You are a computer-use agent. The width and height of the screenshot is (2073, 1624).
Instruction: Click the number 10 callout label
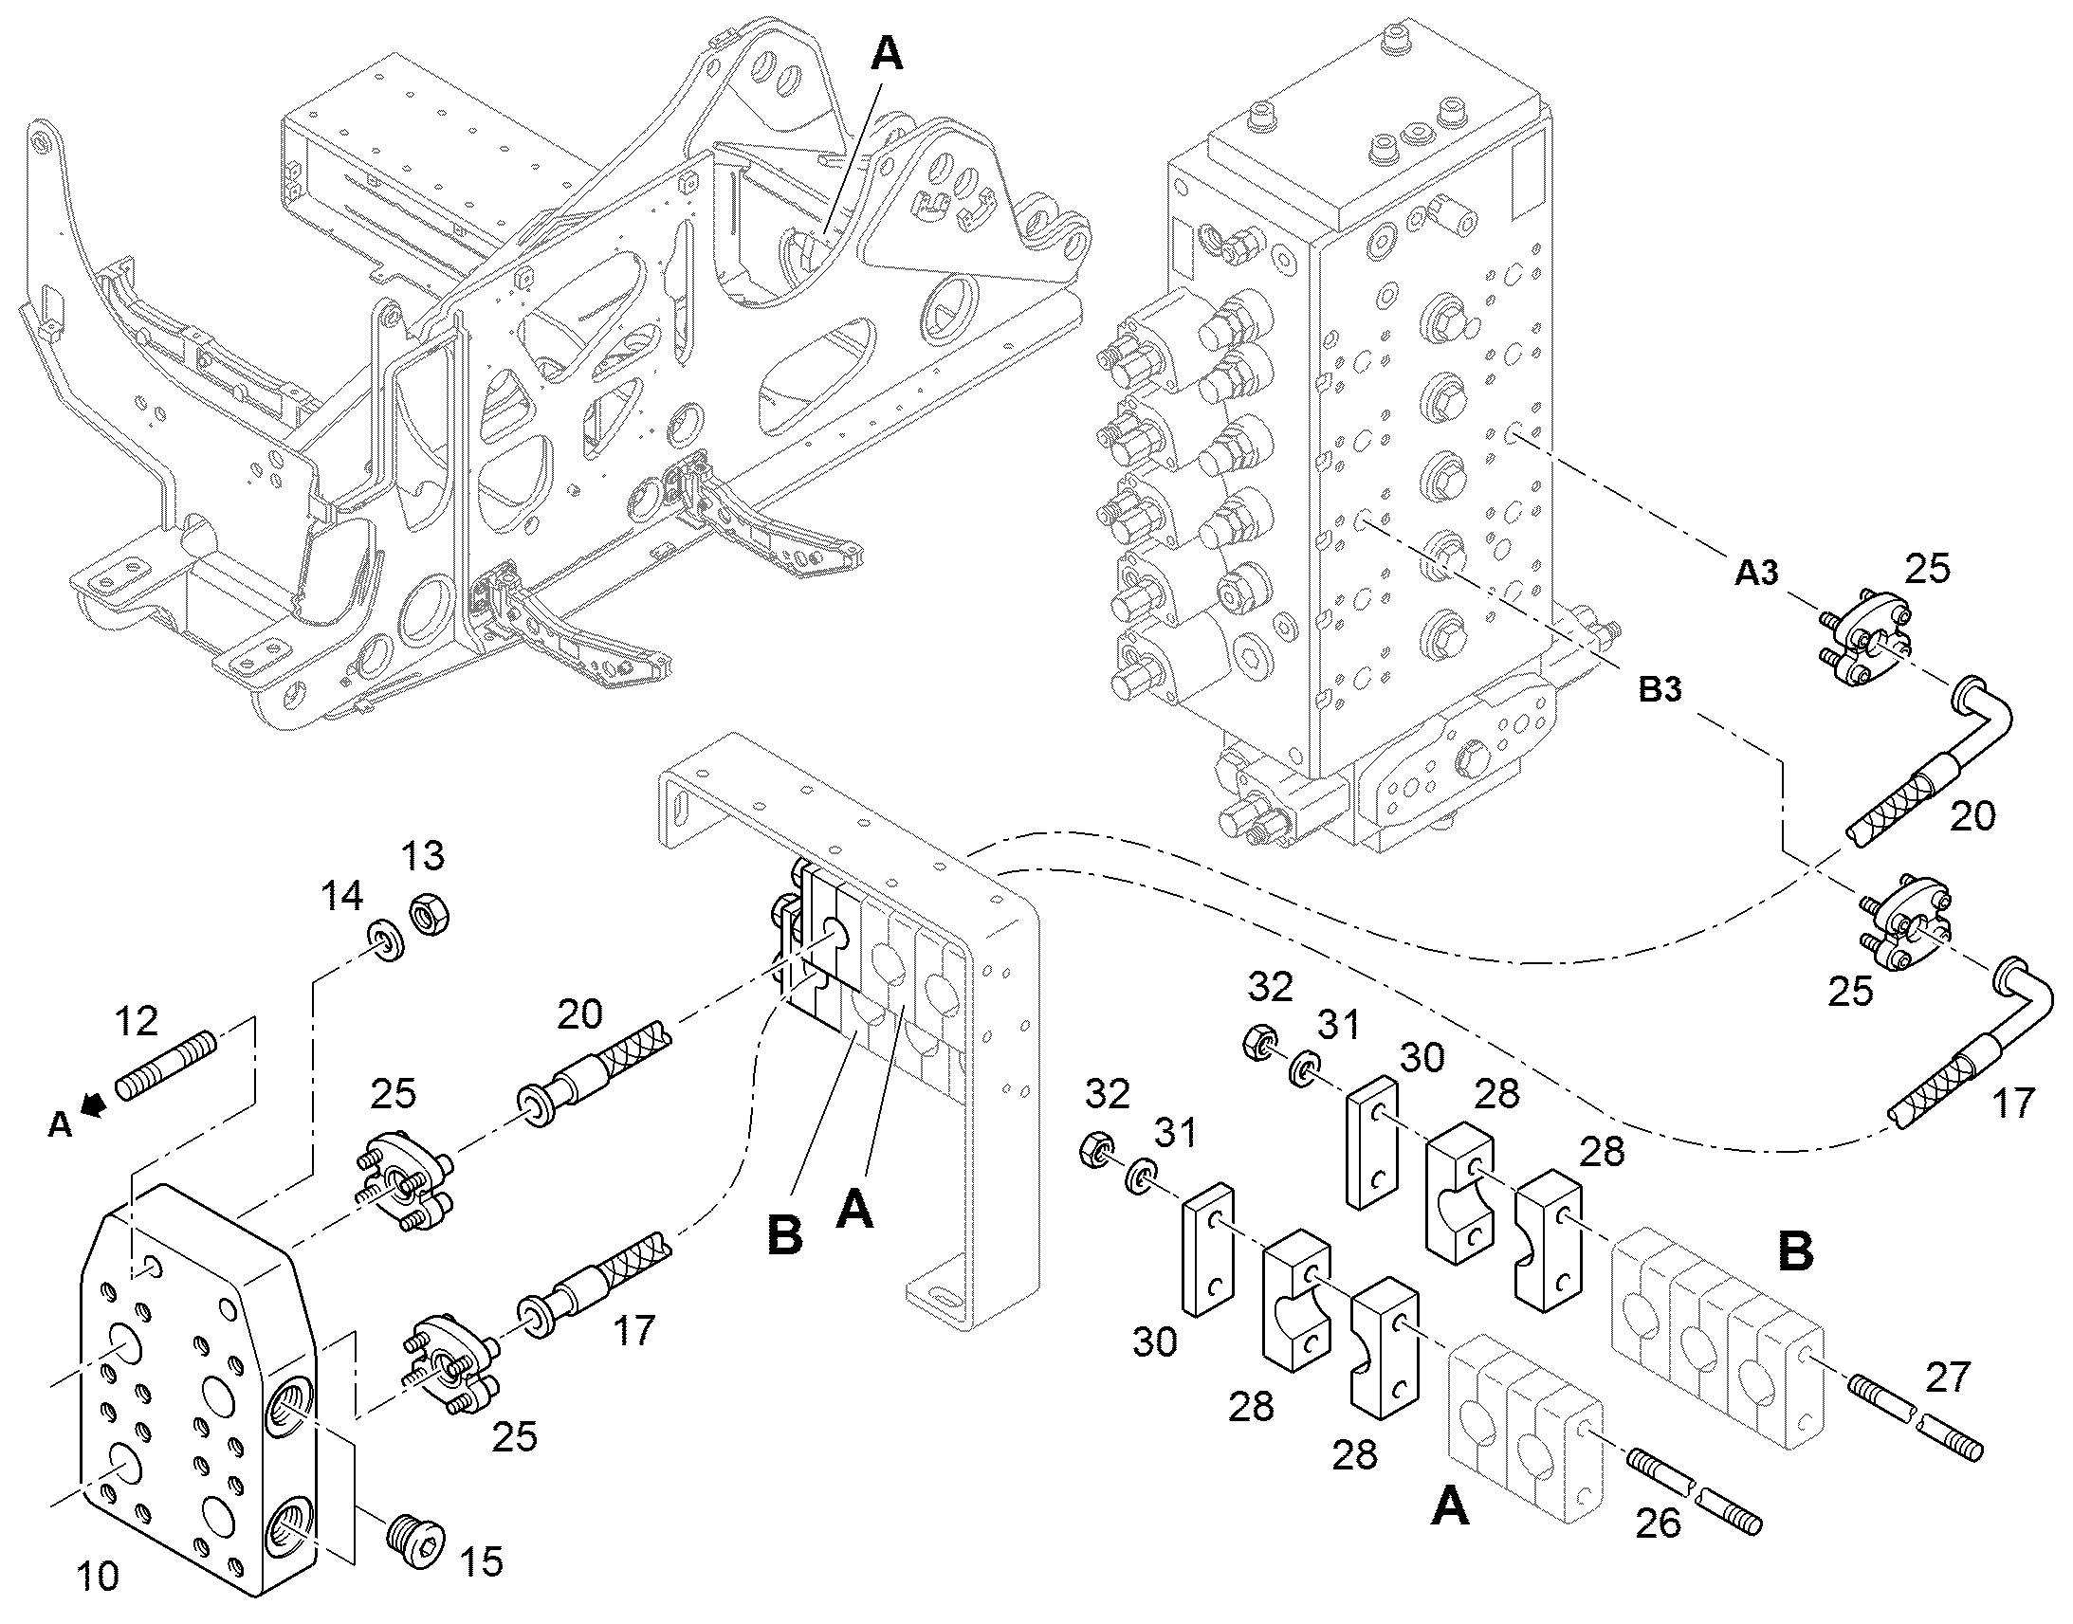point(98,1577)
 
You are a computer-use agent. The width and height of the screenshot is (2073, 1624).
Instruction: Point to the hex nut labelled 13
point(429,915)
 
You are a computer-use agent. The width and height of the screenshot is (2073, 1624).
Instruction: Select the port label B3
point(1660,689)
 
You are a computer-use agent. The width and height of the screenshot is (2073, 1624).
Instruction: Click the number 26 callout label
point(1659,1524)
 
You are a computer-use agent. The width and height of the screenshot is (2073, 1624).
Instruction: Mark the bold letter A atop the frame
point(887,54)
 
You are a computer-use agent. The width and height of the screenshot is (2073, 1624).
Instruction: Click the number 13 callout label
point(423,856)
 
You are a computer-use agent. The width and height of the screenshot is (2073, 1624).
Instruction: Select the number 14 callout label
point(341,895)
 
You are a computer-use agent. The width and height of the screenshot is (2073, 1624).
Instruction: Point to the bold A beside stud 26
point(1450,1507)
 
